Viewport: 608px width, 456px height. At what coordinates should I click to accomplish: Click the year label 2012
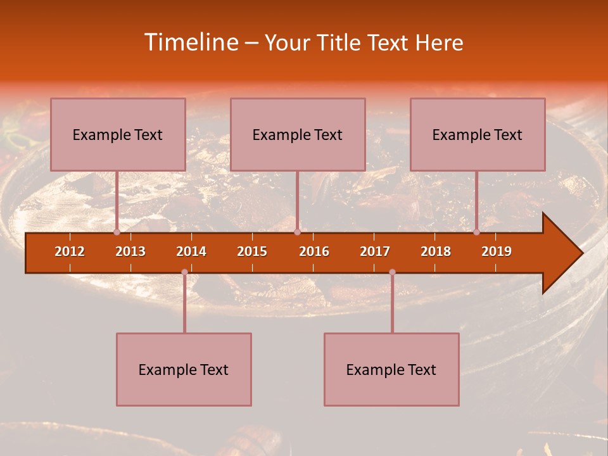point(70,251)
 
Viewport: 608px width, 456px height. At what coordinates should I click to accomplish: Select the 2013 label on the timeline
point(130,251)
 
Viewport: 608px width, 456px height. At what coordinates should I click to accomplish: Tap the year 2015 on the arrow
point(252,251)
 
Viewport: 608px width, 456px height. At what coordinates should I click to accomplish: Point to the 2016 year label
point(314,251)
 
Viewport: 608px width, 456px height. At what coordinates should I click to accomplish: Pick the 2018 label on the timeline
point(436,251)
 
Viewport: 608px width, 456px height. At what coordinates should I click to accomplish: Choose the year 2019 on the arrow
point(497,251)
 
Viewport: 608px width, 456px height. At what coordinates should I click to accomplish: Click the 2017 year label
point(375,251)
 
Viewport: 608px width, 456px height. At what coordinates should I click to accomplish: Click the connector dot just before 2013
point(117,232)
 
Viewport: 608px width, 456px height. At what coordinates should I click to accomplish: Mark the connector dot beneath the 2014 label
point(184,272)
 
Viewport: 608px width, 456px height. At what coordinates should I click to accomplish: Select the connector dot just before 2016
point(297,232)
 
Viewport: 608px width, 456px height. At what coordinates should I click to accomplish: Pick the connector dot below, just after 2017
point(392,272)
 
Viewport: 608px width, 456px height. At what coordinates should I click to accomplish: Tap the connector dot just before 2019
point(477,232)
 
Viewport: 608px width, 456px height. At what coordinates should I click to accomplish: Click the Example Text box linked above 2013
point(118,134)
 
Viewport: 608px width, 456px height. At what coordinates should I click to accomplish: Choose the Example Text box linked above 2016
point(298,134)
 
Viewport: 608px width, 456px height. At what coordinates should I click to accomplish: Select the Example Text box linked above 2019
point(478,134)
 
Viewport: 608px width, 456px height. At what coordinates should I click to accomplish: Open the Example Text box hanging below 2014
point(184,369)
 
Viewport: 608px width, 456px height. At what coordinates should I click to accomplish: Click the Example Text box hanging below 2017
point(391,369)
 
